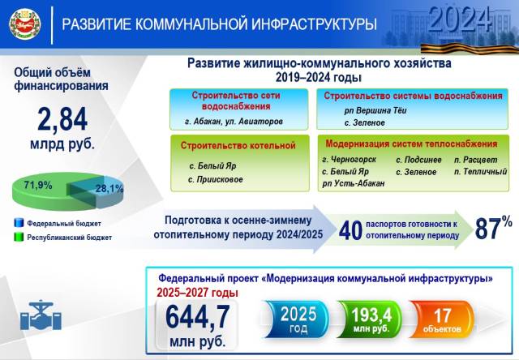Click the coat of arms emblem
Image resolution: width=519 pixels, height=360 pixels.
click(x=25, y=24)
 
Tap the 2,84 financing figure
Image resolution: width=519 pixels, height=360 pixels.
click(x=62, y=119)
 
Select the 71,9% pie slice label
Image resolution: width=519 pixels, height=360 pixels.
click(x=38, y=185)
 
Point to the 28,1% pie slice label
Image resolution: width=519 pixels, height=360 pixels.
click(x=109, y=189)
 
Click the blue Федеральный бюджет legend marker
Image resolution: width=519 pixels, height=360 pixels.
click(x=19, y=223)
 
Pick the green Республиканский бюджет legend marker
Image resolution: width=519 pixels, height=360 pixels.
click(x=19, y=237)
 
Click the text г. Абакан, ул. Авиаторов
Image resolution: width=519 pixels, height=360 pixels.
click(x=234, y=122)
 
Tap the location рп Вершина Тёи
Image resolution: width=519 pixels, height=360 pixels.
click(x=375, y=110)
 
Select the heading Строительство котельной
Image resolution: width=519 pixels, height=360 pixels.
click(x=238, y=146)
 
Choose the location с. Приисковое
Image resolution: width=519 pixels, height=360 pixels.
click(x=216, y=179)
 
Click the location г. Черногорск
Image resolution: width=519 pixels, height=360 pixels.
click(x=350, y=160)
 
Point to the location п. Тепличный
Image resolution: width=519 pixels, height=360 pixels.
click(x=480, y=171)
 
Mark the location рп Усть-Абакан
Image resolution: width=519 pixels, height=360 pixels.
click(x=354, y=183)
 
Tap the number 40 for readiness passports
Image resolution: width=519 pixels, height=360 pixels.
click(x=350, y=230)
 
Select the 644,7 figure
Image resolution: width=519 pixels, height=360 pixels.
click(x=198, y=317)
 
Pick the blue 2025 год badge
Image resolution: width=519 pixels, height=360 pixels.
click(x=297, y=319)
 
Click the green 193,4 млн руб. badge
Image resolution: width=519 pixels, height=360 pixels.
click(x=371, y=319)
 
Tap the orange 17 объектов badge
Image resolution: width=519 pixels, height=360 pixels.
click(x=442, y=319)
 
